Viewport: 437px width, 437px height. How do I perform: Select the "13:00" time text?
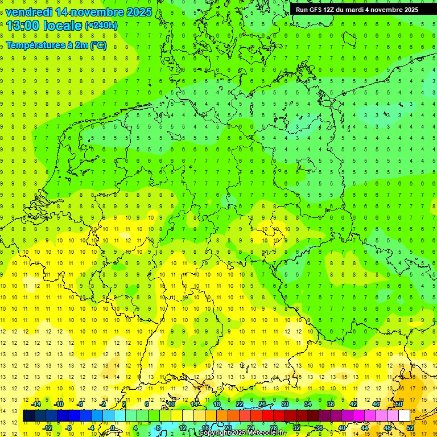click(23, 26)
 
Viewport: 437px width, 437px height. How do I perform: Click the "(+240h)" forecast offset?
click(101, 26)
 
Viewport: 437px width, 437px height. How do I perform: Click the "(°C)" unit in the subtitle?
click(98, 46)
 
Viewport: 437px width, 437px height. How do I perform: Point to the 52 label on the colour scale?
click(410, 427)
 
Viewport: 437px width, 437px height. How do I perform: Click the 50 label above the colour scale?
click(399, 404)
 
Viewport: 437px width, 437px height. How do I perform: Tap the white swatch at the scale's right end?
click(405, 415)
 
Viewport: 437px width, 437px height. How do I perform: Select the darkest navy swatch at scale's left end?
click(28, 415)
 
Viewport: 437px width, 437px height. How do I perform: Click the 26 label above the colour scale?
click(262, 404)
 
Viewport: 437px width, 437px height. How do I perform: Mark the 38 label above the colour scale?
click(331, 404)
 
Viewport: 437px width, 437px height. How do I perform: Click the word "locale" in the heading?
click(65, 26)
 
